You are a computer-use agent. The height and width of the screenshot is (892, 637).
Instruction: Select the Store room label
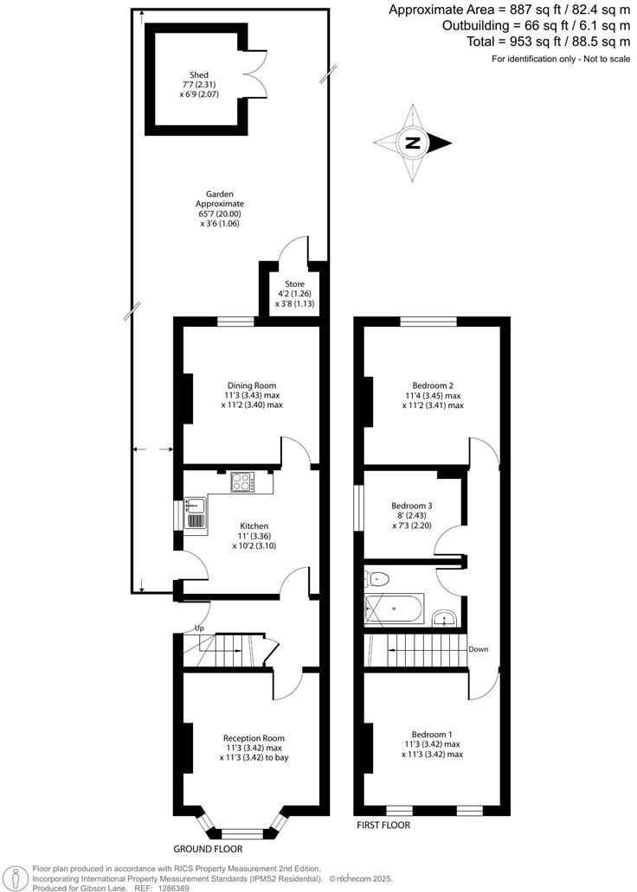tap(284, 284)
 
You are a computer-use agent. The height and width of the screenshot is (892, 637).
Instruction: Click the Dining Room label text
tap(251, 385)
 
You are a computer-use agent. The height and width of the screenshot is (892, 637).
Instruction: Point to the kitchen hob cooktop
tap(241, 481)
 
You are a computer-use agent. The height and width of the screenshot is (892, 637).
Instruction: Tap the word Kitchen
tap(254, 526)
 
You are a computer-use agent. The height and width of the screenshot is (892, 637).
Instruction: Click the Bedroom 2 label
tap(434, 385)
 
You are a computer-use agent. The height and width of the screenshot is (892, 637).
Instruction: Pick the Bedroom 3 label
tap(412, 506)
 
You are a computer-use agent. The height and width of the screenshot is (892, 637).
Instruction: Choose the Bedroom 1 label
tap(432, 732)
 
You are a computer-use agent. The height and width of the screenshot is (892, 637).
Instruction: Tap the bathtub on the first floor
tap(395, 609)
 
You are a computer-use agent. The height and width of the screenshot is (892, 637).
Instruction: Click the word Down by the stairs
tap(479, 648)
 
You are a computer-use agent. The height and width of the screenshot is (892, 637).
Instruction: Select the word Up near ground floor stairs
tap(200, 628)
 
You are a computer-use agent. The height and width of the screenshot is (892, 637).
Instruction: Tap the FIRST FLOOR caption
tap(383, 825)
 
